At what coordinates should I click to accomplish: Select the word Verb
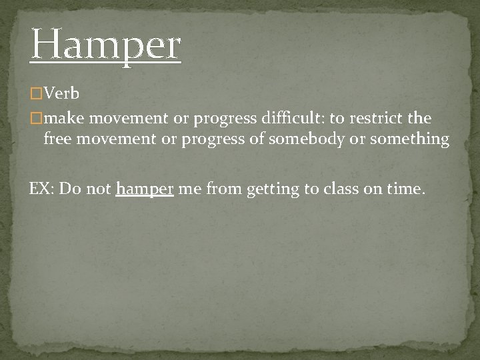tap(61, 94)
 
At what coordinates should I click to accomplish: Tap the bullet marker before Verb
tap(36, 94)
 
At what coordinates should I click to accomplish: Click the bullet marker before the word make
tap(36, 119)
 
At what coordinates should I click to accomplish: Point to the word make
tap(64, 119)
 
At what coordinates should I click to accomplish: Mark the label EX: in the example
tap(41, 189)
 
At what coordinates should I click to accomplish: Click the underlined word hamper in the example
tap(145, 189)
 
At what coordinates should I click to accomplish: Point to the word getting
tap(273, 189)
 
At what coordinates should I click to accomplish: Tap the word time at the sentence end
tap(404, 189)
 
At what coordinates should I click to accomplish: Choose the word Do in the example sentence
tap(69, 189)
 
